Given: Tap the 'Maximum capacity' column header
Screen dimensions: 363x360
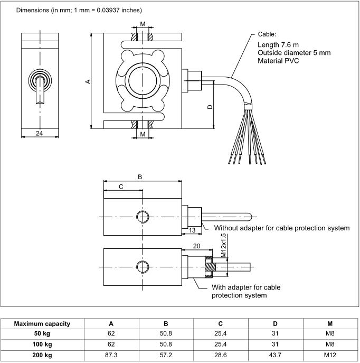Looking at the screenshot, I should pyautogui.click(x=42, y=323).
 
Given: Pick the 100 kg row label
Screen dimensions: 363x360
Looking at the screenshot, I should pyautogui.click(x=42, y=344).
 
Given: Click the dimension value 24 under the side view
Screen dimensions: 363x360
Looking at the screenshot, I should pyautogui.click(x=39, y=133).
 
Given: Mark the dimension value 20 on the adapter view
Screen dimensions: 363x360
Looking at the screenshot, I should pyautogui.click(x=196, y=246).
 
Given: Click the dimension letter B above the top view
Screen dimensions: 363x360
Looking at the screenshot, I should pyautogui.click(x=140, y=177).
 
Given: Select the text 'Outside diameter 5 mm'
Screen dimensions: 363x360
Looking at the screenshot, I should pyautogui.click(x=295, y=53).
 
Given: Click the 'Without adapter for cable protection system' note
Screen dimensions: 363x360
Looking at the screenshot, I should pyautogui.click(x=281, y=228).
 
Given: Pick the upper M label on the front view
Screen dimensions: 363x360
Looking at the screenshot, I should pyautogui.click(x=143, y=24).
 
